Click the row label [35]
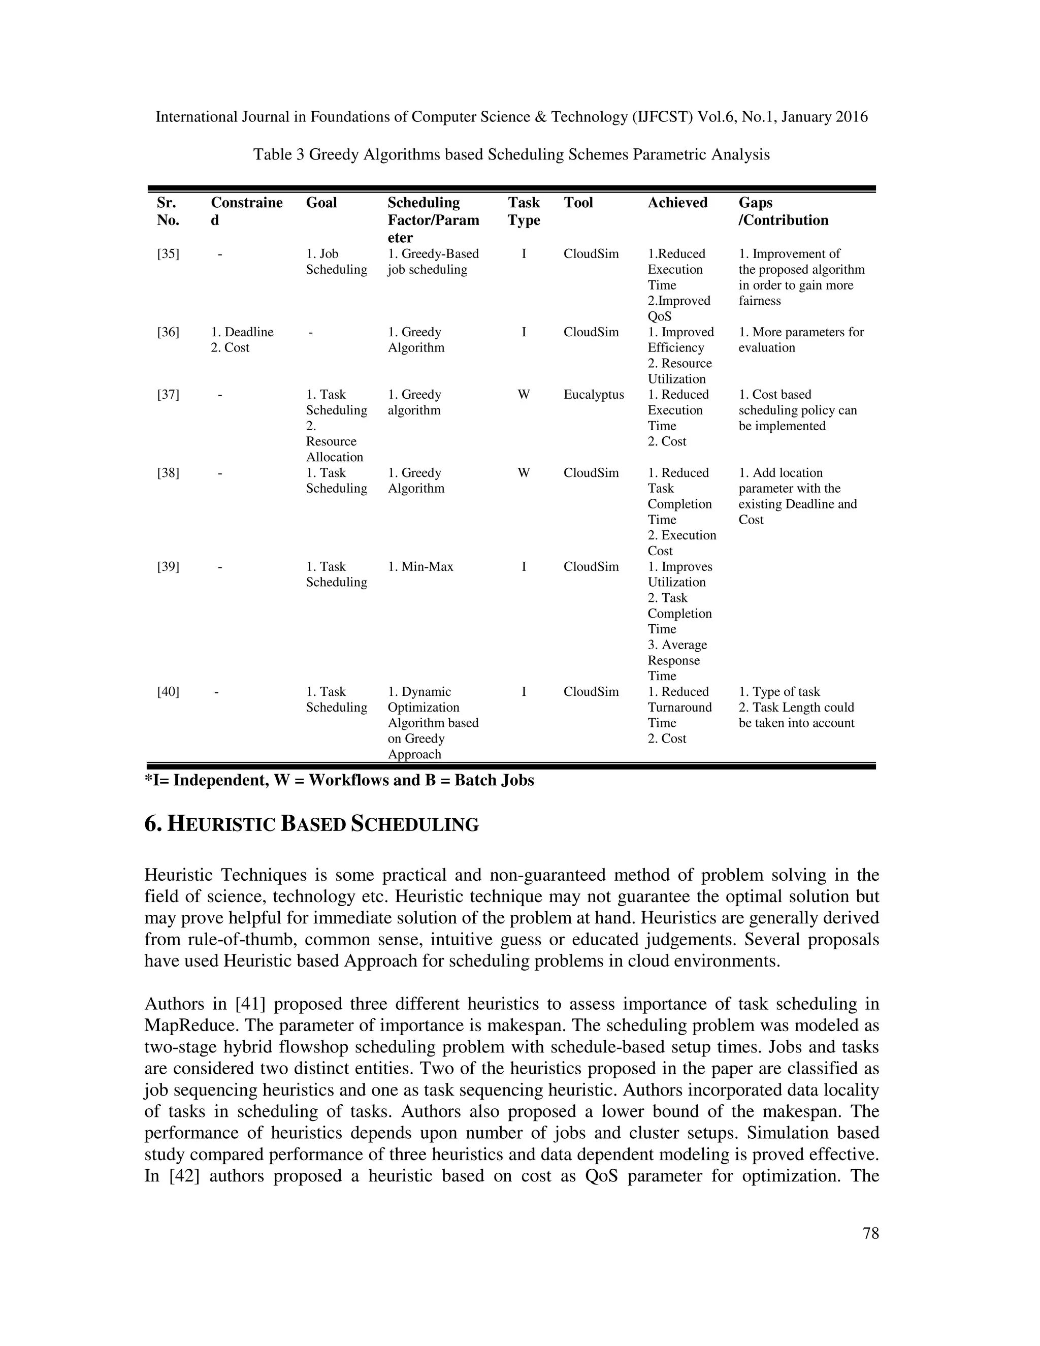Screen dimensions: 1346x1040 click(168, 254)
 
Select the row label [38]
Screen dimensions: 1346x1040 click(168, 473)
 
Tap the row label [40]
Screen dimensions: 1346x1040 click(168, 691)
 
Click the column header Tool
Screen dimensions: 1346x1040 click(578, 203)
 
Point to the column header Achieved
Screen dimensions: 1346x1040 click(677, 203)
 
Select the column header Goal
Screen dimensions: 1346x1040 click(321, 203)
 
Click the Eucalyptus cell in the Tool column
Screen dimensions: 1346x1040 click(593, 395)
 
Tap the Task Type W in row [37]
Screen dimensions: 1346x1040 click(524, 395)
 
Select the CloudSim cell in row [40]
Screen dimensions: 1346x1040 click(591, 691)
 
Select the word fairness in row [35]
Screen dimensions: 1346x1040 click(760, 301)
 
